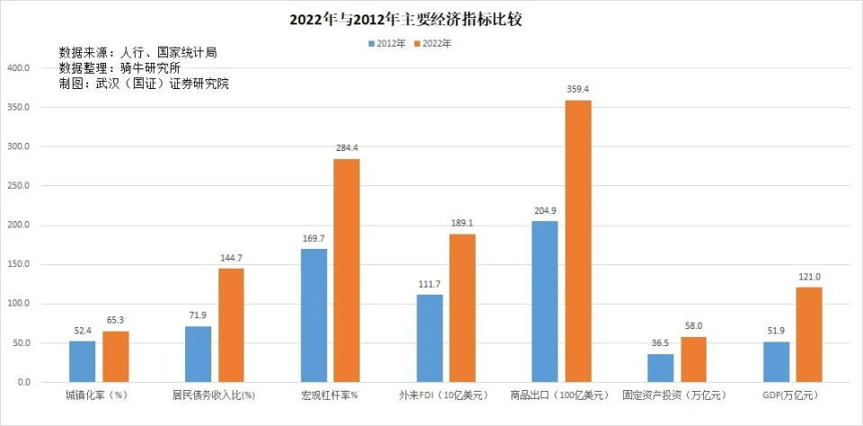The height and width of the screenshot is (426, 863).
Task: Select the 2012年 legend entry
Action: [x=387, y=42]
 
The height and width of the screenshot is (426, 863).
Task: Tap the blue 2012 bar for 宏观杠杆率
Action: [x=314, y=315]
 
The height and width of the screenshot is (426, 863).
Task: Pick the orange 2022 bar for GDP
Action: [x=809, y=334]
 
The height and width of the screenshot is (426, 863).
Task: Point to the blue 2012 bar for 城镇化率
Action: [x=83, y=361]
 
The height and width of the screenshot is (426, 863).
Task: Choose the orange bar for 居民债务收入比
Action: [x=231, y=325]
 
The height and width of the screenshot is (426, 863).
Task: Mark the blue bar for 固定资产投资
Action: [x=661, y=368]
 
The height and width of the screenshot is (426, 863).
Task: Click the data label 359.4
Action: [x=578, y=89]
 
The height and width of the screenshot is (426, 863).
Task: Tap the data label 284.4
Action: [x=347, y=147]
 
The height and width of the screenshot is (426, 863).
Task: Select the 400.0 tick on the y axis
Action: [x=19, y=68]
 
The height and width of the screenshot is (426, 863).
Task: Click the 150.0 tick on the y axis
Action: [x=19, y=264]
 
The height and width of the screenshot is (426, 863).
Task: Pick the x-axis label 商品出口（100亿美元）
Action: [x=558, y=395]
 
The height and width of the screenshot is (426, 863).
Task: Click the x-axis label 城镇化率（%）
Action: [x=97, y=395]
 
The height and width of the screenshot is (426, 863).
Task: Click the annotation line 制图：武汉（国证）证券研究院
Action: [x=144, y=84]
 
